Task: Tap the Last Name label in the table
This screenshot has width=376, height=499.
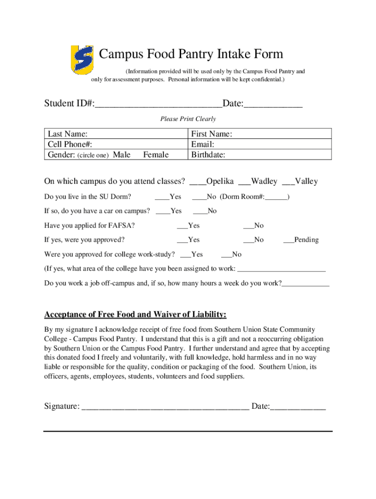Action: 67,134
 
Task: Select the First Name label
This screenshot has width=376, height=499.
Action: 211,134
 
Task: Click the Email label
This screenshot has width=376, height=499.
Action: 203,144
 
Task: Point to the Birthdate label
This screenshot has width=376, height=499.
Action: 208,155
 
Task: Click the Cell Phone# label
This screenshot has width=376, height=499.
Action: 70,144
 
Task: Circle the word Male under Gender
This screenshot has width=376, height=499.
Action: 122,155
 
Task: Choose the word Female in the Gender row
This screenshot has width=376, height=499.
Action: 156,155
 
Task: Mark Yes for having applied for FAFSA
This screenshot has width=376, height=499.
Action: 182,226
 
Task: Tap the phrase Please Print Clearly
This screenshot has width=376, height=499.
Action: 188,119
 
